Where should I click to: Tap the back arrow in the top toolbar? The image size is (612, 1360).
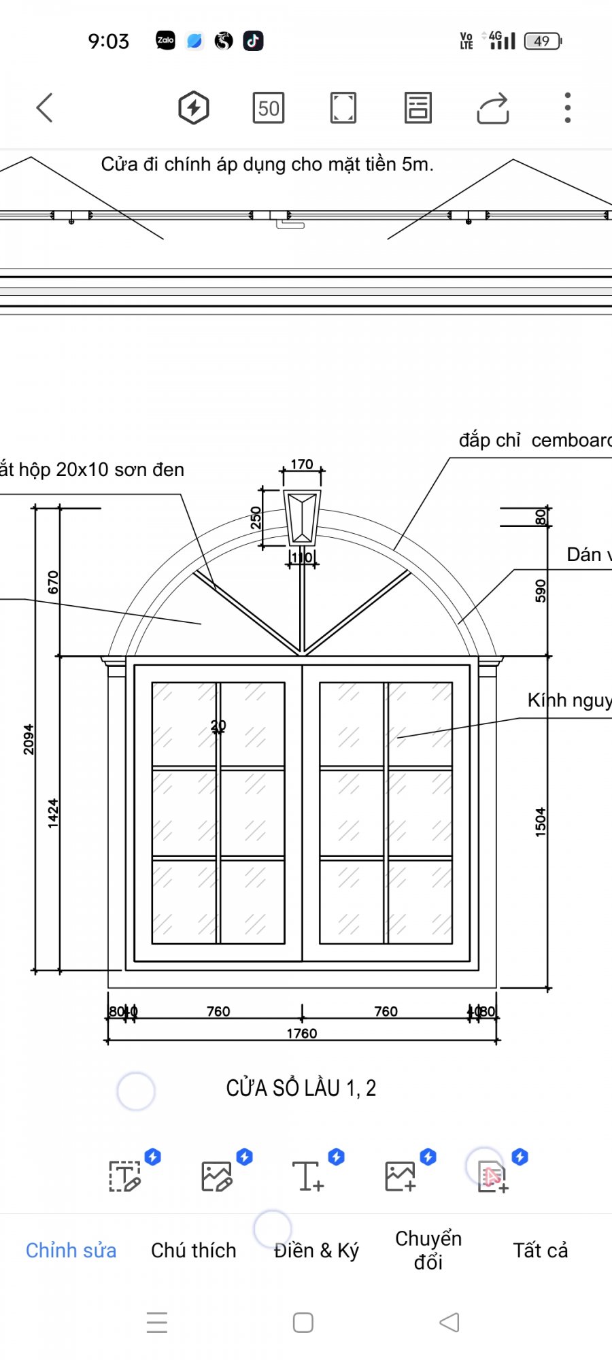pyautogui.click(x=45, y=107)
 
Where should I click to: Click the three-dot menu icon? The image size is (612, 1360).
pyautogui.click(x=567, y=107)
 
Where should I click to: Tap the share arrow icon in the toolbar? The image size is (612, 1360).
pyautogui.click(x=493, y=108)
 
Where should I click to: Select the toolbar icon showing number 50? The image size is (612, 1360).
pyautogui.click(x=269, y=108)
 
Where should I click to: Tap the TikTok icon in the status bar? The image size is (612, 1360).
pyautogui.click(x=253, y=41)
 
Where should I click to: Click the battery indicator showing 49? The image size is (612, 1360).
pyautogui.click(x=543, y=41)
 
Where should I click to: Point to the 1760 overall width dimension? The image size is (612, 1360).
pyautogui.click(x=301, y=1034)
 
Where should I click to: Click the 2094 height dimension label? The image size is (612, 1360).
pyautogui.click(x=29, y=739)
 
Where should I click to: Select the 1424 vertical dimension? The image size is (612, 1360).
pyautogui.click(x=53, y=813)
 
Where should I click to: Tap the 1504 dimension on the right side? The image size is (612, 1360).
pyautogui.click(x=541, y=821)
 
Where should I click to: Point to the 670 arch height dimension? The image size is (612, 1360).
pyautogui.click(x=53, y=582)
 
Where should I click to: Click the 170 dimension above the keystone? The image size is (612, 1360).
pyautogui.click(x=302, y=464)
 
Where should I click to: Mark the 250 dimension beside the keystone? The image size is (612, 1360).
pyautogui.click(x=256, y=517)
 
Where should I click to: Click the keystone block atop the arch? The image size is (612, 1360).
pyautogui.click(x=302, y=517)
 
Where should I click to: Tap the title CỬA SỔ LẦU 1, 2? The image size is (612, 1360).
pyautogui.click(x=301, y=1088)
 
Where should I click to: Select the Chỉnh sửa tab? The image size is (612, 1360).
pyautogui.click(x=71, y=1251)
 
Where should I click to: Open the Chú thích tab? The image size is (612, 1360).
pyautogui.click(x=194, y=1251)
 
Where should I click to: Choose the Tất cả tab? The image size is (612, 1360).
pyautogui.click(x=540, y=1251)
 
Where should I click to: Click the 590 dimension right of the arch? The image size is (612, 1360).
pyautogui.click(x=541, y=591)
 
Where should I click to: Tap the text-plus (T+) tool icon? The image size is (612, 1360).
pyautogui.click(x=308, y=1176)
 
